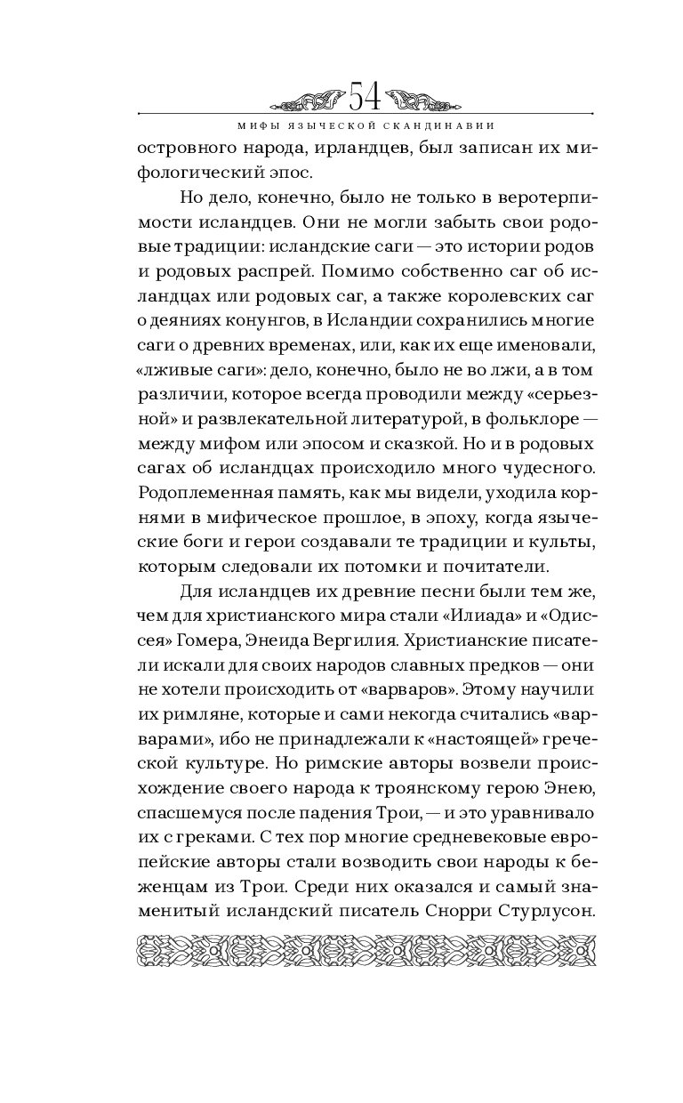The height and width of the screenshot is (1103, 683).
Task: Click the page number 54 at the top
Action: point(366,93)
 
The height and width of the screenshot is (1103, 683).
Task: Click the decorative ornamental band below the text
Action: point(366,951)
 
